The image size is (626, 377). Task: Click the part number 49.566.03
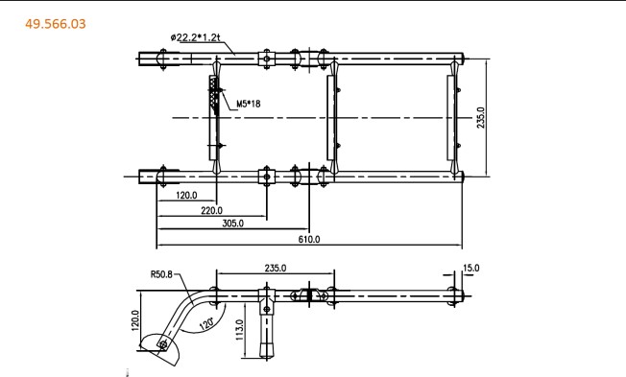(x=56, y=24)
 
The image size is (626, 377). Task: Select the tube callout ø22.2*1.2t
(x=195, y=37)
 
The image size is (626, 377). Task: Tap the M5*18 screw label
(x=249, y=104)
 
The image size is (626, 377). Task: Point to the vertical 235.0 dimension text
(x=481, y=118)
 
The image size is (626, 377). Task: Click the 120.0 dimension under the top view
(x=186, y=195)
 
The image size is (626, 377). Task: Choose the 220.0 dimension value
(x=211, y=210)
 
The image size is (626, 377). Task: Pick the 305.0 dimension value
(x=232, y=223)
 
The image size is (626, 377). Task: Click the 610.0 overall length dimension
(x=309, y=240)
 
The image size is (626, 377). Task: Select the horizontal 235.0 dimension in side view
(x=276, y=268)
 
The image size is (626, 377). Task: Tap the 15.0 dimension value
(x=471, y=268)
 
